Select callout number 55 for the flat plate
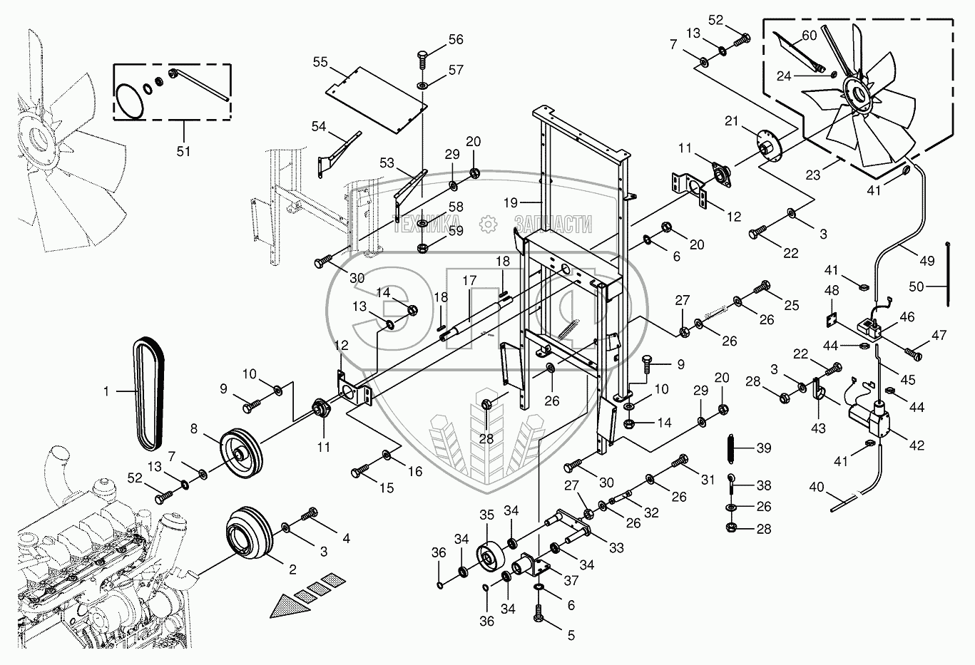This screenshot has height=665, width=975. [320, 63]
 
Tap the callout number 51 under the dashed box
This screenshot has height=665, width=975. [183, 151]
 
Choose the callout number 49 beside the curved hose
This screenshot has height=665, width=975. [926, 261]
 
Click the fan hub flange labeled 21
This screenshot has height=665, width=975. [764, 147]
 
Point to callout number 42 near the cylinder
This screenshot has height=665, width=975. [917, 445]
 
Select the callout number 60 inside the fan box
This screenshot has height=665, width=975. [808, 36]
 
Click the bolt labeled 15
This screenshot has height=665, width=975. [360, 471]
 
